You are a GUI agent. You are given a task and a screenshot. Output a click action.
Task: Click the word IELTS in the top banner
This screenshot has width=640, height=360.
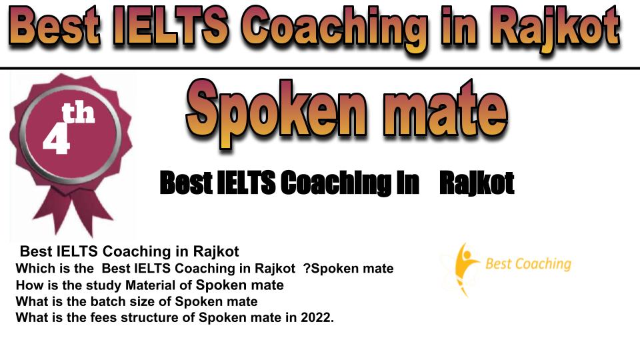point(171,27)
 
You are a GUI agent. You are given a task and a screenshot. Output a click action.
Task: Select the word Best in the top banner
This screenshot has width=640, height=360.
point(55,27)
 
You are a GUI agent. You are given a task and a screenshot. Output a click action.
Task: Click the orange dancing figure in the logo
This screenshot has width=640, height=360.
point(463,268)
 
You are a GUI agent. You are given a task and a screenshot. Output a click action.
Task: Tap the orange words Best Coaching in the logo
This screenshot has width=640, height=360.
point(528,264)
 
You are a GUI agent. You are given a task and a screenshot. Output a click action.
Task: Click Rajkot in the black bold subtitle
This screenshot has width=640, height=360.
point(477,183)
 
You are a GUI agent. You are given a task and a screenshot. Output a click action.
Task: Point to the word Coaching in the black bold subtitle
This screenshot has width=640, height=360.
point(336,183)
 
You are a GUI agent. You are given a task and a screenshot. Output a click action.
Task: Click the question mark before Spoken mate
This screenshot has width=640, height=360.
point(307,269)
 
